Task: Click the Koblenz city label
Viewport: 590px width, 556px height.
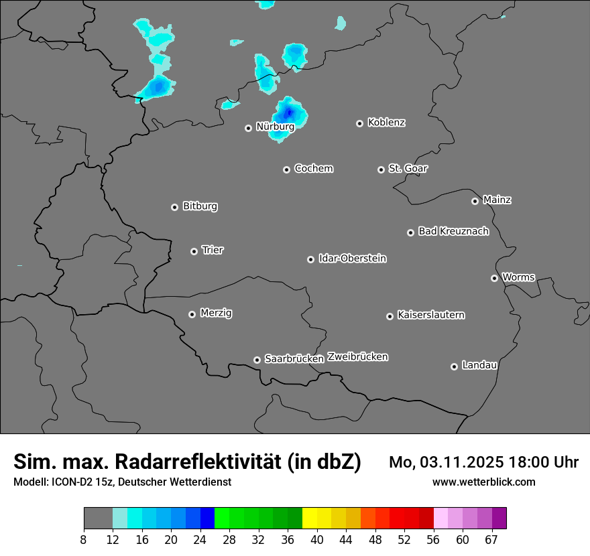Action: (x=386, y=123)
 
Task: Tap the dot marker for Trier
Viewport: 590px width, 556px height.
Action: (x=194, y=251)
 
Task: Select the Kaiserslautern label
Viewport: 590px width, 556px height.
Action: (x=430, y=315)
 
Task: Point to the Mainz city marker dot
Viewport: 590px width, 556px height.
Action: (x=475, y=201)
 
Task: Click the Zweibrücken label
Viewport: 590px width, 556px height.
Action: (x=357, y=357)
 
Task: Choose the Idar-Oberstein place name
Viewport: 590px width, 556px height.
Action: (x=352, y=259)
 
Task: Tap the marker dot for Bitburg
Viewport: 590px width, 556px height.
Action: (x=175, y=207)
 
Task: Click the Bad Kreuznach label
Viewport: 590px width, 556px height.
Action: (x=453, y=231)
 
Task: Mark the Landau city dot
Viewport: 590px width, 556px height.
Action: (x=455, y=366)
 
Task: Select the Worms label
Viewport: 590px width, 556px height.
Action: (x=518, y=277)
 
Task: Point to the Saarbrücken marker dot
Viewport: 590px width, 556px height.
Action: (x=257, y=360)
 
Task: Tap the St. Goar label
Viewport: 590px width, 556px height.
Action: (x=408, y=168)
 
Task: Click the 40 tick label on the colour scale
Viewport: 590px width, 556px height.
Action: (x=317, y=540)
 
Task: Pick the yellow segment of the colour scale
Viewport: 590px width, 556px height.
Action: (x=310, y=518)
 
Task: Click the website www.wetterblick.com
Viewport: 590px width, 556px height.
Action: (x=483, y=482)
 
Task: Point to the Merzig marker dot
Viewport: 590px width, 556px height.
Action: (x=192, y=314)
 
